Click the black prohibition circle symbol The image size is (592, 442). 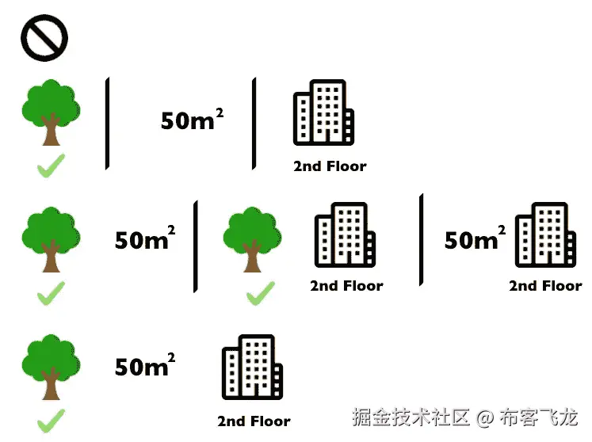[44, 38]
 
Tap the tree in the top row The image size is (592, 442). [51, 112]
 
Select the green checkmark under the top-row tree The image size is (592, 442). [51, 166]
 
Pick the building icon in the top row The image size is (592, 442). [323, 112]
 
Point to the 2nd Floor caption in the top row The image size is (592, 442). [330, 166]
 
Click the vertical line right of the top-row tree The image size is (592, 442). [107, 124]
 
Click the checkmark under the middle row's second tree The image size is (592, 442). [260, 294]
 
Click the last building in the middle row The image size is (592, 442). [544, 234]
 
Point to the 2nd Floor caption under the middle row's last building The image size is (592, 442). [545, 286]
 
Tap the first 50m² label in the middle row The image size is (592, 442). [144, 239]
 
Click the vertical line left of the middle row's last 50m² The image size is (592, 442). [422, 239]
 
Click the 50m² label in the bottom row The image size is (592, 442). [144, 366]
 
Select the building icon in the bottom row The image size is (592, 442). [252, 367]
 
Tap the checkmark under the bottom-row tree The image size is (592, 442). [51, 420]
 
